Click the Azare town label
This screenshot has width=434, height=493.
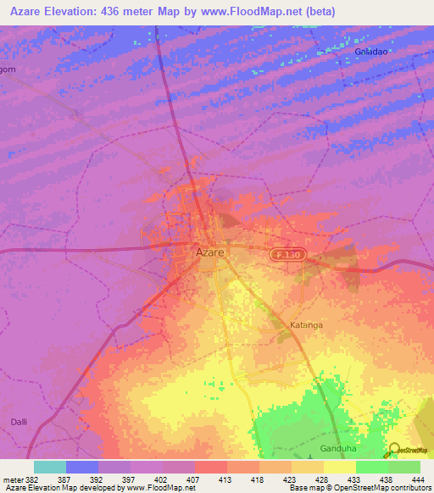[209, 252]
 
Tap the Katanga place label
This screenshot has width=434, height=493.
[303, 324]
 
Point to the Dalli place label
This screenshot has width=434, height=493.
[19, 421]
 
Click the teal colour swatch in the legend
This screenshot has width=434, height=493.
[50, 467]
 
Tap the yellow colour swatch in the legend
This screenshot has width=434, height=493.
[339, 467]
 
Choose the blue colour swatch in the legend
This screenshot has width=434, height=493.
[82, 467]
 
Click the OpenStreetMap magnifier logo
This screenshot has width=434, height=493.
[392, 450]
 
